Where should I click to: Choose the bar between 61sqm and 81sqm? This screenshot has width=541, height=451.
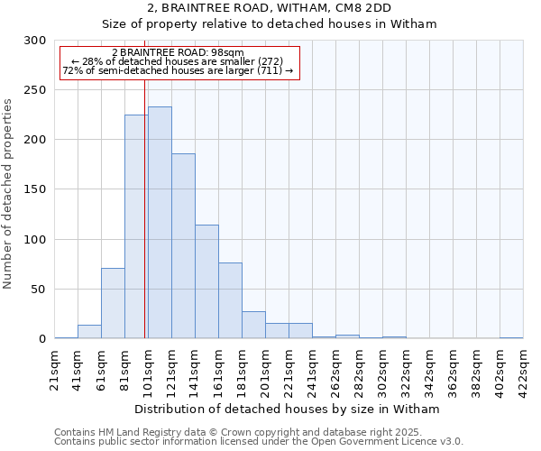(x=113, y=303)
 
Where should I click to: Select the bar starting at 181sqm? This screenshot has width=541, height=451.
(x=253, y=325)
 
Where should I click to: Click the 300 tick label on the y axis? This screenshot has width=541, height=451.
(x=35, y=41)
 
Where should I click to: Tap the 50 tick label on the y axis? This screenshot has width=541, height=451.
(x=38, y=290)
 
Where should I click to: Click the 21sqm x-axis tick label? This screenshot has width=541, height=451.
(x=54, y=369)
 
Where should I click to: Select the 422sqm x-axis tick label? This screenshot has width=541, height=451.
(x=523, y=369)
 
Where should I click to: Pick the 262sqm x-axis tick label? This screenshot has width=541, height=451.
(x=335, y=369)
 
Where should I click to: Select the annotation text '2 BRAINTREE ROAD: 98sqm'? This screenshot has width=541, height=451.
(x=178, y=53)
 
